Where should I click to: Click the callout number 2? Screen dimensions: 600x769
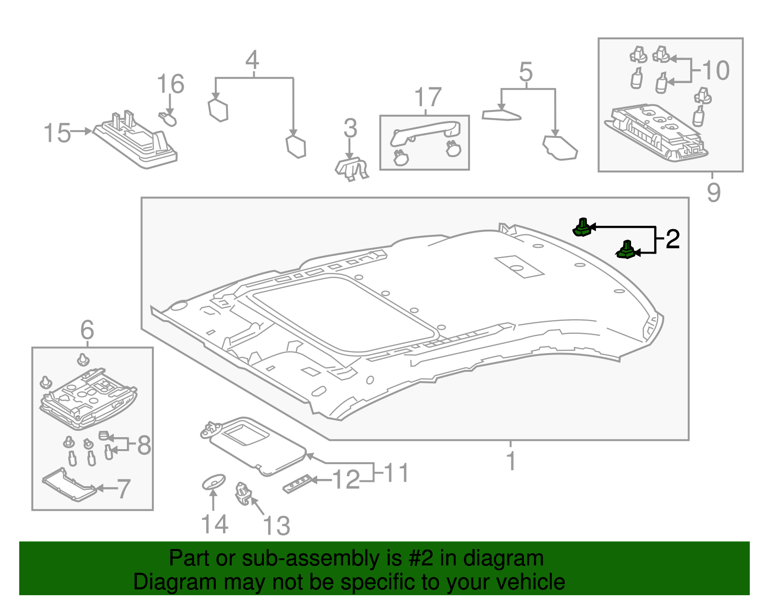click(672, 239)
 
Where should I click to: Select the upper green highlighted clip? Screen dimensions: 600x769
click(583, 228)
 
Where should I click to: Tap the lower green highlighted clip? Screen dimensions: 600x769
click(626, 250)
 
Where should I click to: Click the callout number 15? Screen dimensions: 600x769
click(57, 133)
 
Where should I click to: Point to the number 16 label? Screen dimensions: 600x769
click(171, 84)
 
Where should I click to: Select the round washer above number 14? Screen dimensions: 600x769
click(213, 482)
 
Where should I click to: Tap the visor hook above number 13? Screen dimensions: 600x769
click(243, 494)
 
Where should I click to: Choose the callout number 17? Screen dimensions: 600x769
click(428, 98)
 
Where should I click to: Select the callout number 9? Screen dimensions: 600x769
click(714, 192)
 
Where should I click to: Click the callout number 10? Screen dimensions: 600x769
click(716, 71)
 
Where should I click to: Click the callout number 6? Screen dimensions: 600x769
click(87, 330)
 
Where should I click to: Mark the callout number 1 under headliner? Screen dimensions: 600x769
click(511, 461)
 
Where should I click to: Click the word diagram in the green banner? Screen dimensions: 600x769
click(503, 559)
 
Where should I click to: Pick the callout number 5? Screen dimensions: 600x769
click(526, 72)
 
